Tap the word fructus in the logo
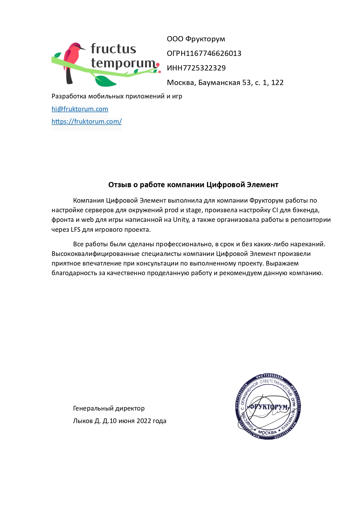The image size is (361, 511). (x=113, y=49)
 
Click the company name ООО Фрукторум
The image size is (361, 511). (x=196, y=39)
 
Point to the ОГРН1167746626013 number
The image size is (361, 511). (x=204, y=54)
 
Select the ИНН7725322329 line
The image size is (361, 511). (x=196, y=68)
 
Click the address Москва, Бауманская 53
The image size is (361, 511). (x=225, y=83)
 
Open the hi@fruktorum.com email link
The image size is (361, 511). (x=80, y=109)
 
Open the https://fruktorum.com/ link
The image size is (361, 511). (x=86, y=121)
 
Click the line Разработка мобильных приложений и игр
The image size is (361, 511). (x=117, y=96)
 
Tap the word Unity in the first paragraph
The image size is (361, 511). (x=181, y=220)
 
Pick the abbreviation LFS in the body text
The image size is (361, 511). (x=75, y=229)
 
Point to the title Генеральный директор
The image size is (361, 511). (x=109, y=409)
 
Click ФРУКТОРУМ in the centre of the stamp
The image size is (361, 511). (x=268, y=407)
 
